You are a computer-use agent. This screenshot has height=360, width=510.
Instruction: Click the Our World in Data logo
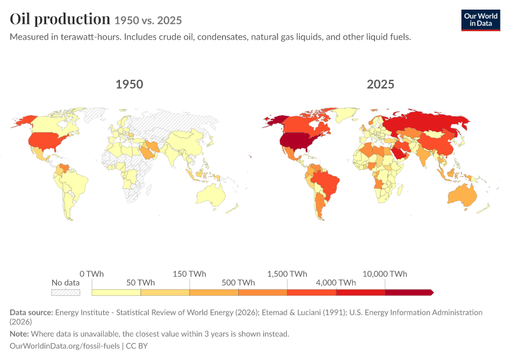click(481, 20)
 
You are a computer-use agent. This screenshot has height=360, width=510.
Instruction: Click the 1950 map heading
click(130, 84)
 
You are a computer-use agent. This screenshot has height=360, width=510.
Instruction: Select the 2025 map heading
click(380, 84)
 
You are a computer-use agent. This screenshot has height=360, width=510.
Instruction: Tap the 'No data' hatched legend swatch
click(66, 292)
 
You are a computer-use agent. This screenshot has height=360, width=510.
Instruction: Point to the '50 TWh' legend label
click(140, 283)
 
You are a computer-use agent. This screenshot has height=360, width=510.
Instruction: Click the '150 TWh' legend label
click(189, 274)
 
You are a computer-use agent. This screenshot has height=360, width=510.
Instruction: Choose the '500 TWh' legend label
click(238, 283)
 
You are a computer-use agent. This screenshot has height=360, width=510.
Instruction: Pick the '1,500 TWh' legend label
click(287, 274)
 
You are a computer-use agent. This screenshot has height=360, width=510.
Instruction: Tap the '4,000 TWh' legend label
click(336, 283)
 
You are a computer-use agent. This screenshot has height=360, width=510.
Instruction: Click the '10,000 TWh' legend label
click(385, 274)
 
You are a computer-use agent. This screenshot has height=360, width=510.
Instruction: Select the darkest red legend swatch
click(409, 292)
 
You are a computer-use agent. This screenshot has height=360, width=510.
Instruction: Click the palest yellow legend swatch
click(116, 292)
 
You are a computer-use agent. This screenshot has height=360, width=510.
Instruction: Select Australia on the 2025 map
click(463, 195)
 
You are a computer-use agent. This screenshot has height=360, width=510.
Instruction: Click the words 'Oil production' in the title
click(60, 19)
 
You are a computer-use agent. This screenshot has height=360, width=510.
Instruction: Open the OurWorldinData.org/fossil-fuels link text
click(65, 346)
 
